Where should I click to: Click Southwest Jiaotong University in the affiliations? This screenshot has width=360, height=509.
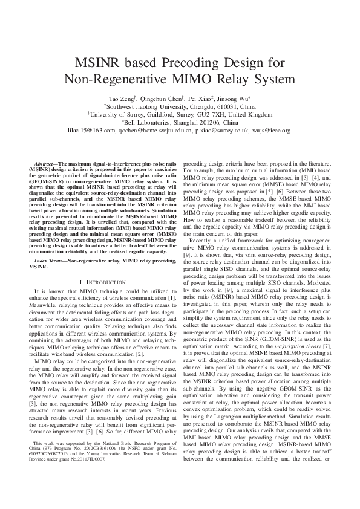[x=146, y=106]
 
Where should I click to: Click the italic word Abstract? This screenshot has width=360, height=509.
[x=45, y=164]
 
